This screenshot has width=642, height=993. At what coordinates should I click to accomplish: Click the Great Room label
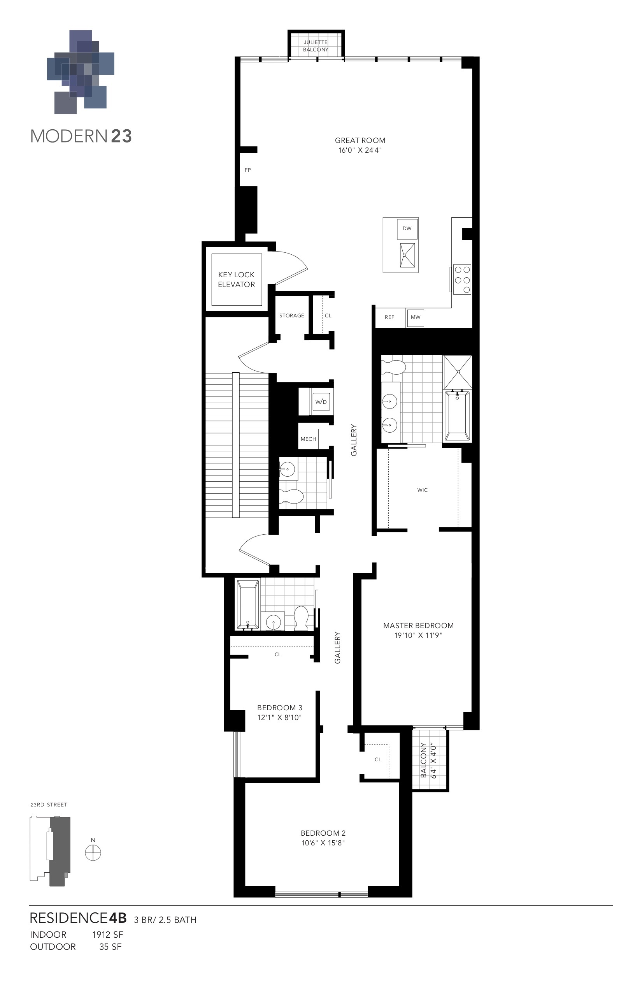click(360, 141)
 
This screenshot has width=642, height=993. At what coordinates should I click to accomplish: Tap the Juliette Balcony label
click(316, 46)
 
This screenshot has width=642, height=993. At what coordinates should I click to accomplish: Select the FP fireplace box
click(247, 170)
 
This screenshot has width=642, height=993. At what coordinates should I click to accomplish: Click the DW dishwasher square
click(407, 229)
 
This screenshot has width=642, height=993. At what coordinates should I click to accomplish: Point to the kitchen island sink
click(407, 255)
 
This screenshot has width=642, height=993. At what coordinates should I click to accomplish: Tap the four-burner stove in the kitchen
click(462, 280)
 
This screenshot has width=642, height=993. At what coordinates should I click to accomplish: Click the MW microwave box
click(415, 317)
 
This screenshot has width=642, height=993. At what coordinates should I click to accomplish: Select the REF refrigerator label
click(389, 317)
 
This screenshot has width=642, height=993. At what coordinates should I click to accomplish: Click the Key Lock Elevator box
click(237, 280)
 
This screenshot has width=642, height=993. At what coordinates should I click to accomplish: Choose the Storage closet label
click(291, 316)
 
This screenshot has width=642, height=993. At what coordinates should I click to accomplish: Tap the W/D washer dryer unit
click(321, 402)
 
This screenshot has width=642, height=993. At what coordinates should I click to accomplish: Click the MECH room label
click(308, 439)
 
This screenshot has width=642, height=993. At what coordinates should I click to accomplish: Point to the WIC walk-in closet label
click(422, 490)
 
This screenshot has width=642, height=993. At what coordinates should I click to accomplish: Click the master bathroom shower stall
click(457, 372)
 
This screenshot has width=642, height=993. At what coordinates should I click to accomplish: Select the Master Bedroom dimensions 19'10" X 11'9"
click(418, 636)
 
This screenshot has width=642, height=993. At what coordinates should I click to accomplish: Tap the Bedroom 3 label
click(279, 708)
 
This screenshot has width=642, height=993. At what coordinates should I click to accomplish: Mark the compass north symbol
click(93, 853)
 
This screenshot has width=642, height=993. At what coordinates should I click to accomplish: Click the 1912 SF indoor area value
click(107, 935)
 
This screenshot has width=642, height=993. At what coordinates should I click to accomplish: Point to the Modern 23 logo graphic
click(81, 72)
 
